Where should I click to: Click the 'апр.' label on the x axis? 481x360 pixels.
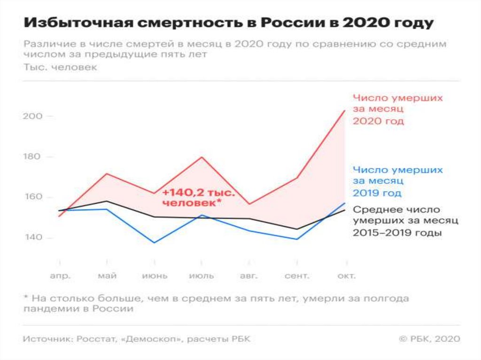coord(60,276)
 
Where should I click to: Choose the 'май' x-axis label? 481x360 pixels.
coord(107,276)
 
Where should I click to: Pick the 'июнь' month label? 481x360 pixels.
coord(155,276)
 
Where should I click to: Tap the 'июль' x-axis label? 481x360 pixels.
coord(202,276)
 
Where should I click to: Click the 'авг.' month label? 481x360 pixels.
coord(249,276)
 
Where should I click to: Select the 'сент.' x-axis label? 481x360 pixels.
coord(297,276)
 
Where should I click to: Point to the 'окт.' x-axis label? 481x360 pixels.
coord(346,276)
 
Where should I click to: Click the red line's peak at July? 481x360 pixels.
coord(202,157)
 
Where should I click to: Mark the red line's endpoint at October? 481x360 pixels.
coord(345,111)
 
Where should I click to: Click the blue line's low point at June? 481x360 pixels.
coord(155,243)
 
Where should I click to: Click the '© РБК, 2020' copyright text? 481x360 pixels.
coord(429,339)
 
